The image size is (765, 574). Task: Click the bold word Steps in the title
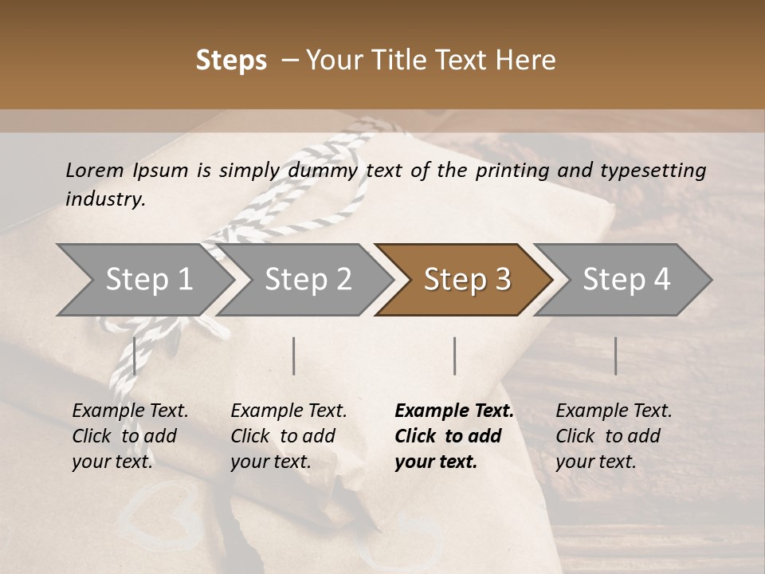coord(231,61)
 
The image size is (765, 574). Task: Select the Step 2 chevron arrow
coord(308,279)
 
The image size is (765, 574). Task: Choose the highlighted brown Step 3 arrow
coord(466,279)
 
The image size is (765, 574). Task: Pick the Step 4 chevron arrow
coord(626,279)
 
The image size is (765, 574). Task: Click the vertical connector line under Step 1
coord(135,356)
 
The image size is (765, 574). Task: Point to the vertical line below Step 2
coord(294,356)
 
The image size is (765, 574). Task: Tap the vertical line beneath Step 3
coord(454,356)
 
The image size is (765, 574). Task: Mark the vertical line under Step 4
coord(615,356)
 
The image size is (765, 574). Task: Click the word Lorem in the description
coord(95,170)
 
